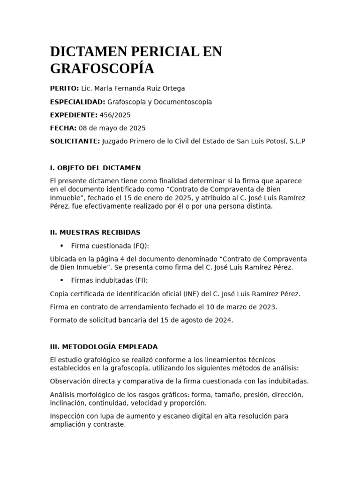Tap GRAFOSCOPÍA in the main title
click(x=102, y=68)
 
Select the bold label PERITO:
click(x=64, y=89)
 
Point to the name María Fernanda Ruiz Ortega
click(x=133, y=89)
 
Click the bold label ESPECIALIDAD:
click(x=77, y=102)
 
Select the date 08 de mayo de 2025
click(x=112, y=128)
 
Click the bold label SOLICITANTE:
click(x=75, y=141)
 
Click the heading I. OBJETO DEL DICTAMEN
click(x=95, y=168)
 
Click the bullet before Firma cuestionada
click(x=61, y=246)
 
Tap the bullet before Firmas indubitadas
click(x=61, y=280)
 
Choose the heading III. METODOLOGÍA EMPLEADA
click(x=104, y=347)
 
